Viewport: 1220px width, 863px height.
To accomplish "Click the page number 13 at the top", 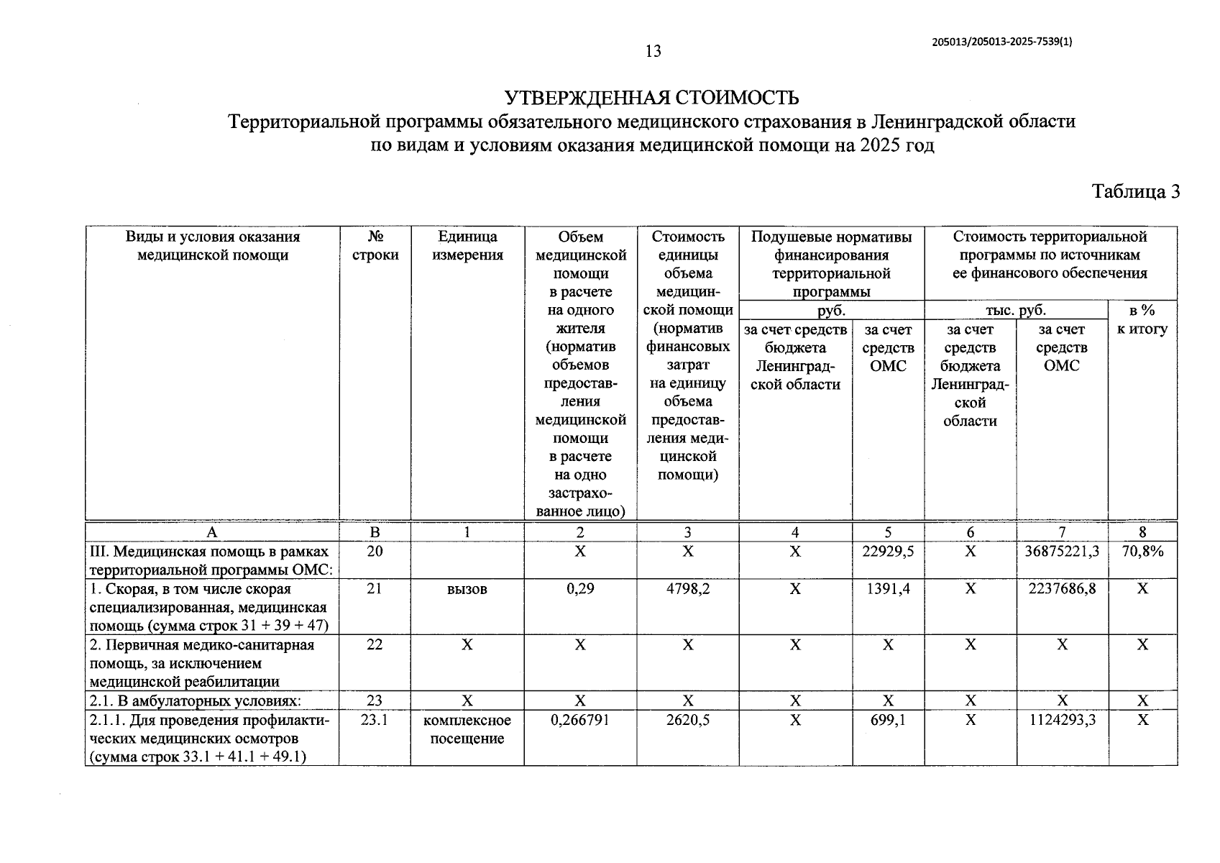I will tap(653, 51).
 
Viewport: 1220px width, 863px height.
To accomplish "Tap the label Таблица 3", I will tap(1136, 192).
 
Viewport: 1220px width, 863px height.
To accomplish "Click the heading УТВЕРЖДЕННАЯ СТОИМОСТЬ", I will tap(651, 98).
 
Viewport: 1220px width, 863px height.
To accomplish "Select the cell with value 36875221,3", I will tap(1061, 552).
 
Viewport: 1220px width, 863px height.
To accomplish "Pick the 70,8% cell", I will tap(1142, 552).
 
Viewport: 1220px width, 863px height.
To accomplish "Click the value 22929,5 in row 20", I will tap(888, 552).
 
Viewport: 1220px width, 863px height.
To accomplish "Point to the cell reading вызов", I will tap(467, 589).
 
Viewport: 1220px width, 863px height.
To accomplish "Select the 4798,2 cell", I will tap(687, 589).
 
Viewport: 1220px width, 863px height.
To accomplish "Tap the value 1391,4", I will tap(888, 589).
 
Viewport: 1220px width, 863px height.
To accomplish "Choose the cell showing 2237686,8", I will tap(1061, 589).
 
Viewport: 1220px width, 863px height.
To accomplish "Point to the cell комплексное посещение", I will tap(467, 729).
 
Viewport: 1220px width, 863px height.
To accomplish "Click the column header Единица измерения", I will tap(467, 246).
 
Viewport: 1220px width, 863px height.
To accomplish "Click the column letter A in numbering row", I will tap(211, 532).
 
